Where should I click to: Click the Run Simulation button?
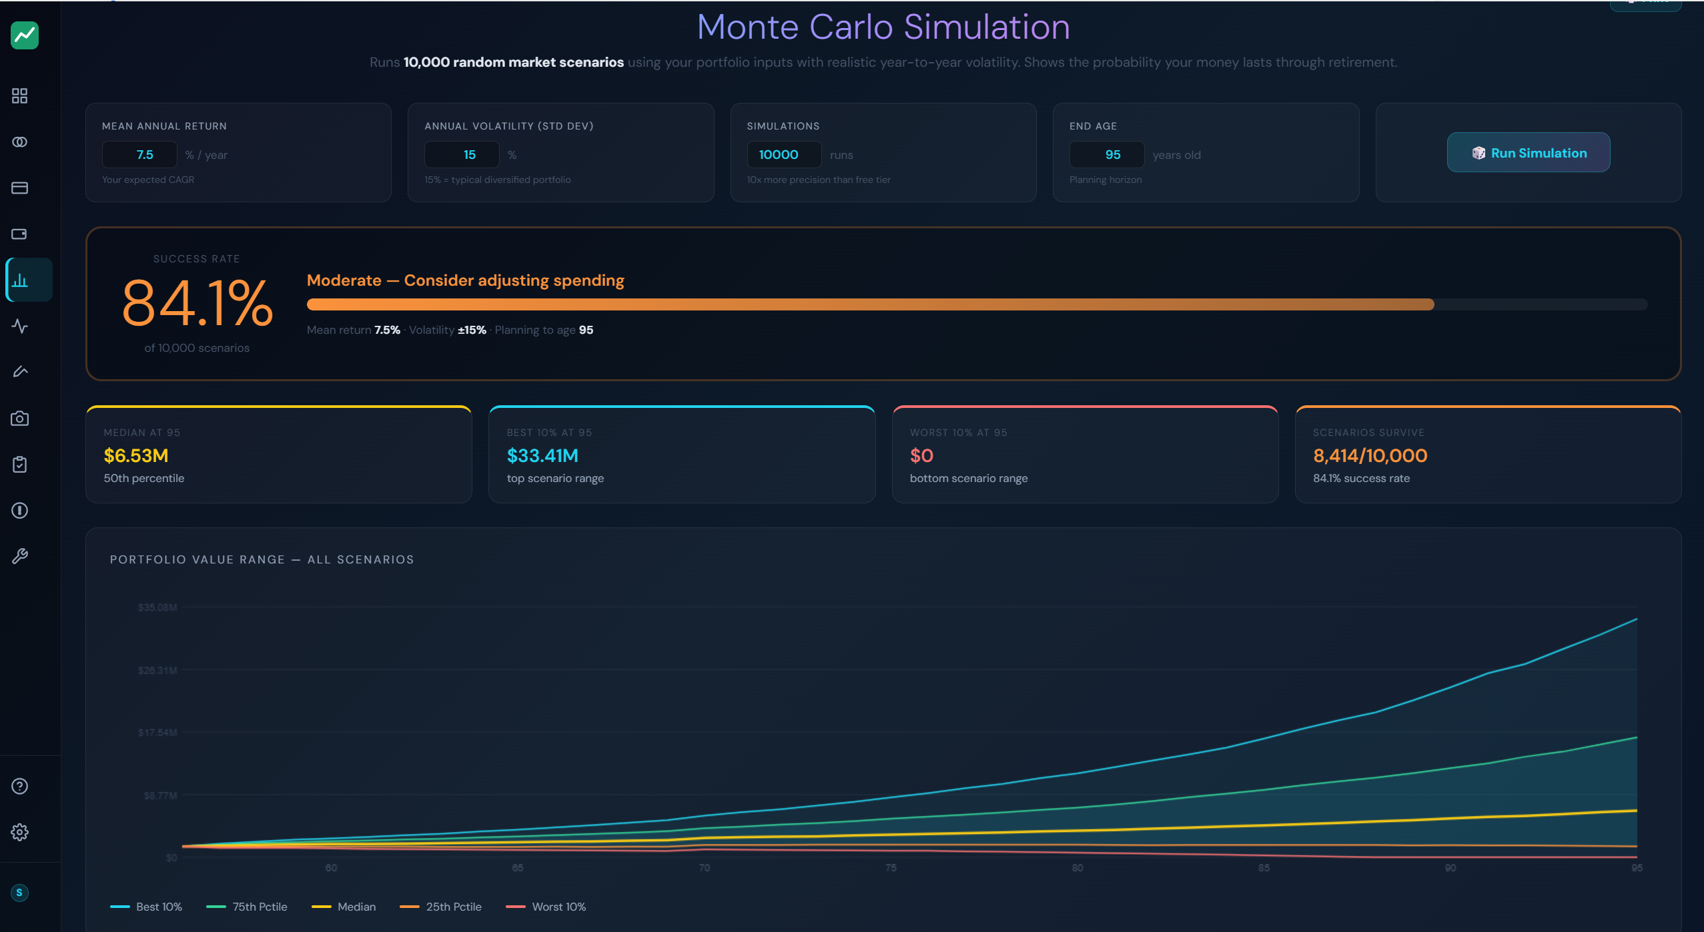(1528, 153)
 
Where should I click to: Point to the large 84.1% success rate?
(197, 304)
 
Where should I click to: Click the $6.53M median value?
(136, 456)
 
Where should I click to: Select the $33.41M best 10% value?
(542, 456)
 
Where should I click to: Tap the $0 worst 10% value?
(921, 456)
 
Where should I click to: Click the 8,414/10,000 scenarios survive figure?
(1370, 456)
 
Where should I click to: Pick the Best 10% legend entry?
(147, 907)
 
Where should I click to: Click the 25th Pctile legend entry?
(441, 907)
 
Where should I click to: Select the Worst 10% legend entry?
(546, 907)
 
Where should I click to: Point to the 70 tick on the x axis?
(705, 868)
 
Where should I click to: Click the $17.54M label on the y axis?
(157, 733)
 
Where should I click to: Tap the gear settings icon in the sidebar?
(20, 832)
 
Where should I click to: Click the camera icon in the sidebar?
(20, 419)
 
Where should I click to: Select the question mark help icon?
(20, 786)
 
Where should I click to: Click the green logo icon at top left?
(25, 35)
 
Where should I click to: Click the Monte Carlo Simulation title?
(883, 27)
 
